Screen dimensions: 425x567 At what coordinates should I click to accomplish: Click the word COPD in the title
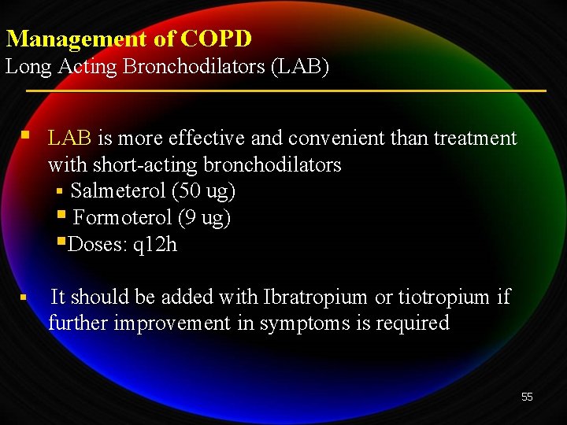(x=216, y=38)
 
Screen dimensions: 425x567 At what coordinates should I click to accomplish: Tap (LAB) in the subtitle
(x=300, y=67)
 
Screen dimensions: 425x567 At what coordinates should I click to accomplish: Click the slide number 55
(x=527, y=397)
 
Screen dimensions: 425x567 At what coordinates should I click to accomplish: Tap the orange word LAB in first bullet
(x=69, y=139)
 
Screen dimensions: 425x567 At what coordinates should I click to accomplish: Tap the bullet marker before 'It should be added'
(x=24, y=298)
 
